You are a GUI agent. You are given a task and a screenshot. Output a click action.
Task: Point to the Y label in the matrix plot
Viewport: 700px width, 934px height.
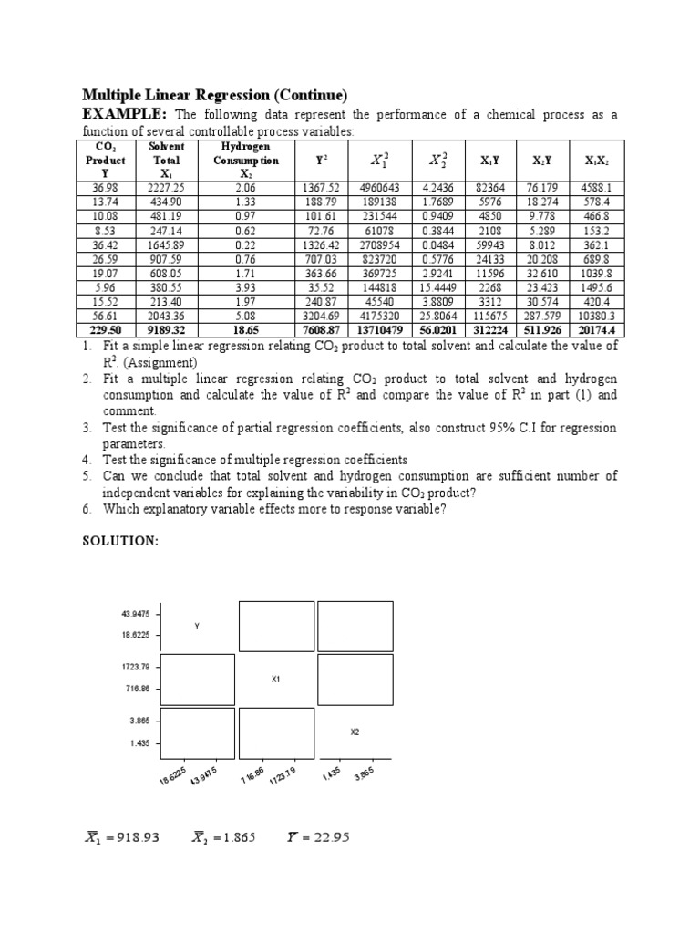(x=196, y=626)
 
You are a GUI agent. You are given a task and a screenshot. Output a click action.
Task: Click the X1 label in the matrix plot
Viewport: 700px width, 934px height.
(x=275, y=680)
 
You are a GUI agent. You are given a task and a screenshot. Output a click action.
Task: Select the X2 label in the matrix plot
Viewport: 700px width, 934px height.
(x=355, y=732)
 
